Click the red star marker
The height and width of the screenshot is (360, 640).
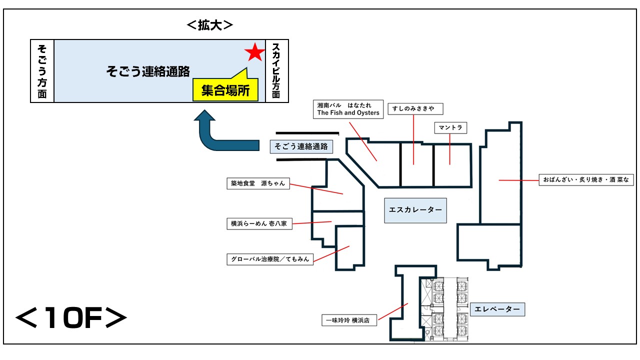click(254, 52)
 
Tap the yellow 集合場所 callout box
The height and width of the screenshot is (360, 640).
click(225, 89)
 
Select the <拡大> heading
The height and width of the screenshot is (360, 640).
click(209, 25)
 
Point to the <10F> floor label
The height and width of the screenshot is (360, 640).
click(71, 317)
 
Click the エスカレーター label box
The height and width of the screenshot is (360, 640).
click(415, 210)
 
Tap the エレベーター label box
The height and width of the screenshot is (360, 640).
click(497, 309)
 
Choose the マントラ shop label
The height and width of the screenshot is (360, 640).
click(450, 127)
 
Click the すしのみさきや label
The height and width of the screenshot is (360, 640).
click(415, 109)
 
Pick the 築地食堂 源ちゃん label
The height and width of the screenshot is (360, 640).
click(258, 183)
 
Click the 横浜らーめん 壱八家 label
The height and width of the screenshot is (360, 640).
click(259, 223)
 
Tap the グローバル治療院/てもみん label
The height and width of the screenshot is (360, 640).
click(270, 259)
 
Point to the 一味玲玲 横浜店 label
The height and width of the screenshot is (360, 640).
click(349, 320)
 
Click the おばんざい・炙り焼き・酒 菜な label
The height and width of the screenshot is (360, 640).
click(586, 179)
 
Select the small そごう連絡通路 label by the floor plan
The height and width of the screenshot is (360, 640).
click(301, 146)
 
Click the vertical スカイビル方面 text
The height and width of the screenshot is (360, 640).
click(276, 71)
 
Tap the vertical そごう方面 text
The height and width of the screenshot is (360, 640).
click(42, 71)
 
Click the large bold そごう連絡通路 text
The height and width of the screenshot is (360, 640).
click(148, 71)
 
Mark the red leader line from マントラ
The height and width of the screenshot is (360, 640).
click(449, 149)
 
